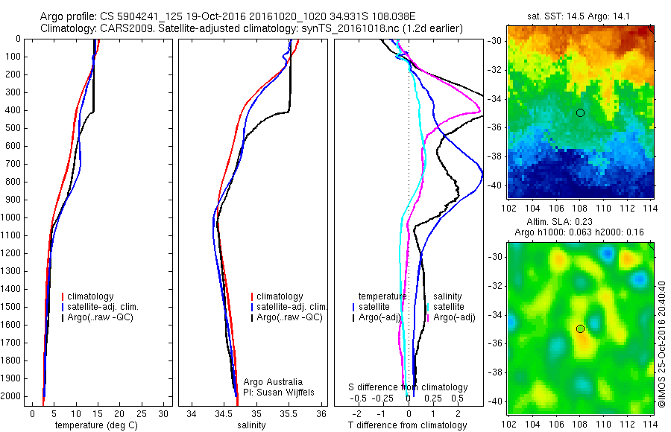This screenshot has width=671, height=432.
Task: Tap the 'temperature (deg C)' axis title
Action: pos(93,425)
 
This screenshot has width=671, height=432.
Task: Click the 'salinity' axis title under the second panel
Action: pos(250,425)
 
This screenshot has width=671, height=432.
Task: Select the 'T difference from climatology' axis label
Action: pos(409,425)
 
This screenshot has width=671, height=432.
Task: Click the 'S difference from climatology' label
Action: pos(409,387)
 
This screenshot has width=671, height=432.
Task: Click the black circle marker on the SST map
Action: pos(580,112)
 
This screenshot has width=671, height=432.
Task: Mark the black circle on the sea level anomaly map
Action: pos(580,328)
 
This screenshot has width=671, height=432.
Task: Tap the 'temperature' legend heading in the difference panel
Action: pos(382,296)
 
